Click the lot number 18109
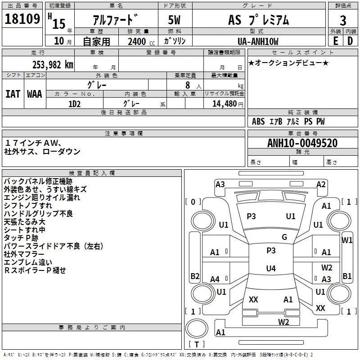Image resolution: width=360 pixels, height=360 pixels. click(x=22, y=18)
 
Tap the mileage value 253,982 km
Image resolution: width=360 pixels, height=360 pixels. click(x=53, y=65)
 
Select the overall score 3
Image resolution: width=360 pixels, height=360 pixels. click(x=343, y=20)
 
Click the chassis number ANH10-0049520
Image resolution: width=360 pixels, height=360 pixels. click(x=302, y=143)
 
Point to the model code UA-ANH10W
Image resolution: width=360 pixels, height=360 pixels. click(x=258, y=41)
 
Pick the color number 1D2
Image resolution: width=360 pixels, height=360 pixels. click(x=74, y=104)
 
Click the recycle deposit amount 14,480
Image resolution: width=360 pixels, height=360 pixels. click(x=224, y=104)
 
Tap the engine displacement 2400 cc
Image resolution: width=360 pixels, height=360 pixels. click(x=141, y=41)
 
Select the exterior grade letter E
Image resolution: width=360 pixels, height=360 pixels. click(x=335, y=41)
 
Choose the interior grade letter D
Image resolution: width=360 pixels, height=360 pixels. click(x=350, y=41)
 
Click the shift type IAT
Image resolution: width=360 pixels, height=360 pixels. click(x=13, y=94)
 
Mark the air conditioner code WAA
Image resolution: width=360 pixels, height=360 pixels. click(x=35, y=94)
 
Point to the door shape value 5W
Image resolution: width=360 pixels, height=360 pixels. click(x=174, y=20)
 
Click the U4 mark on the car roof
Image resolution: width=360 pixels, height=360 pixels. click(x=271, y=268)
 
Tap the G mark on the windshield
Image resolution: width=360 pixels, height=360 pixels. click(x=284, y=237)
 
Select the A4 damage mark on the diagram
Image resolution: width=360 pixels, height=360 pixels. click(x=215, y=279)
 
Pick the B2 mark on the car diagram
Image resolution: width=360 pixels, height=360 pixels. click(x=195, y=276)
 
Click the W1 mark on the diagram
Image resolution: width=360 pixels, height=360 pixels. click(x=346, y=240)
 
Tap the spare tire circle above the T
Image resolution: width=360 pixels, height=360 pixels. click(x=197, y=328)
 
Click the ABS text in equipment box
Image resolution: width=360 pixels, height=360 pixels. click(x=258, y=121)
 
